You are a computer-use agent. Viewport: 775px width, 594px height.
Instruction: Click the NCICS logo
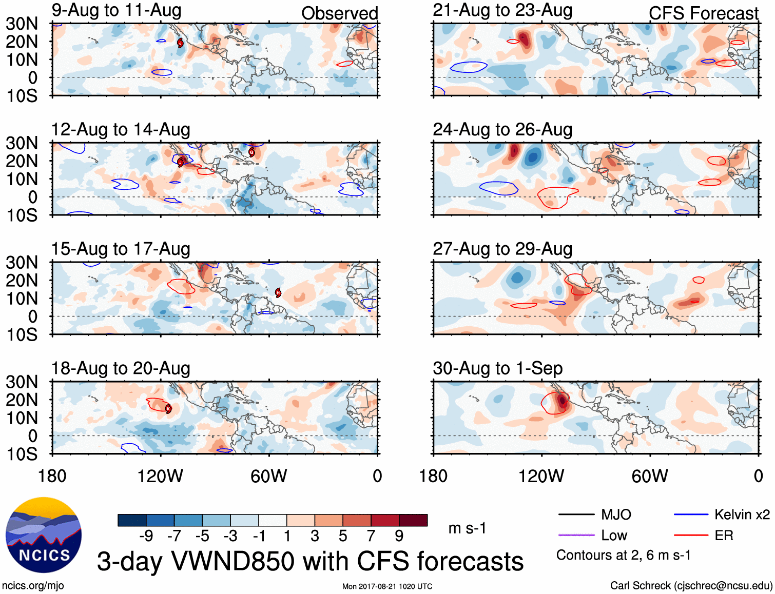click(44, 535)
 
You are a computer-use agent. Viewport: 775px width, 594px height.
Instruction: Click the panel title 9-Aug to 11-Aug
click(117, 11)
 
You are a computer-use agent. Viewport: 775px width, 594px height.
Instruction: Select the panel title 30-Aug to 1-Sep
click(497, 368)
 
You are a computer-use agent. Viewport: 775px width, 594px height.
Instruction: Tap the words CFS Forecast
click(703, 13)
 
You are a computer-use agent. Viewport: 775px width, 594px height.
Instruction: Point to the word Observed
click(339, 13)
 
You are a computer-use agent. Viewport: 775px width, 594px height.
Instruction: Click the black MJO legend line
click(576, 514)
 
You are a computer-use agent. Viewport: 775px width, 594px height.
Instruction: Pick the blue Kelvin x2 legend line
click(691, 514)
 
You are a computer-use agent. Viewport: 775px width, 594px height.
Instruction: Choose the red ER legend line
click(691, 536)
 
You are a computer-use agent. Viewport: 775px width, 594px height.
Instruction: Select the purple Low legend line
click(576, 536)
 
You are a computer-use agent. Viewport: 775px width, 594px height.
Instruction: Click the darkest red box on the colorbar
click(413, 520)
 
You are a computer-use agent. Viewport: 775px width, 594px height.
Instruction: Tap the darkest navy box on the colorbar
click(132, 520)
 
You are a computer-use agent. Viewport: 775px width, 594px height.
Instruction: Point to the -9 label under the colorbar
click(146, 536)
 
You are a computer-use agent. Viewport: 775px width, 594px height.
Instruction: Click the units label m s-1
click(467, 528)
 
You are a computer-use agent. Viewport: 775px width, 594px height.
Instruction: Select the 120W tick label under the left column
click(160, 476)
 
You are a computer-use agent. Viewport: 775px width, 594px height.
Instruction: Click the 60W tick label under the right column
click(650, 476)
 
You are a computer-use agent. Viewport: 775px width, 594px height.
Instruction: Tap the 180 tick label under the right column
click(433, 476)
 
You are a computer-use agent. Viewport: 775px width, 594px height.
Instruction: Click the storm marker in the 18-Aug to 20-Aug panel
click(168, 409)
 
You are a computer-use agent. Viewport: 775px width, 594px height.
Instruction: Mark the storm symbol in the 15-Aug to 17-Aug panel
click(278, 293)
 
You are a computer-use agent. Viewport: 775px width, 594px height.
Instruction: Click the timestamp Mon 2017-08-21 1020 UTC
click(387, 586)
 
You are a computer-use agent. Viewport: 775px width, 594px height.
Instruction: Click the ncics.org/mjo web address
click(33, 586)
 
